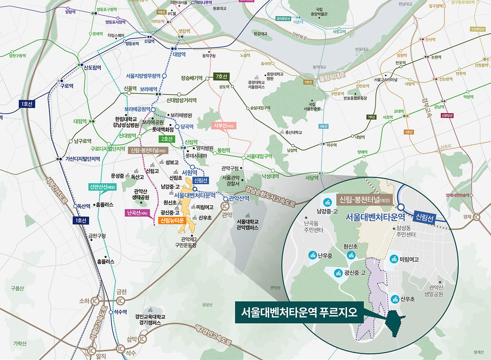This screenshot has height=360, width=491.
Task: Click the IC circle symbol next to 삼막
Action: pos(142,339)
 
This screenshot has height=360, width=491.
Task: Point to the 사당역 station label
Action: pos(312,178)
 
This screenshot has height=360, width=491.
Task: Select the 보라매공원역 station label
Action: pos(137,109)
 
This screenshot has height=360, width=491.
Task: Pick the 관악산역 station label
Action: pos(239,198)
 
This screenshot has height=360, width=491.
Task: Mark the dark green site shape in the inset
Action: pos(394,324)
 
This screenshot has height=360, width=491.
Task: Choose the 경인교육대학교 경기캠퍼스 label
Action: pos(150,319)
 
